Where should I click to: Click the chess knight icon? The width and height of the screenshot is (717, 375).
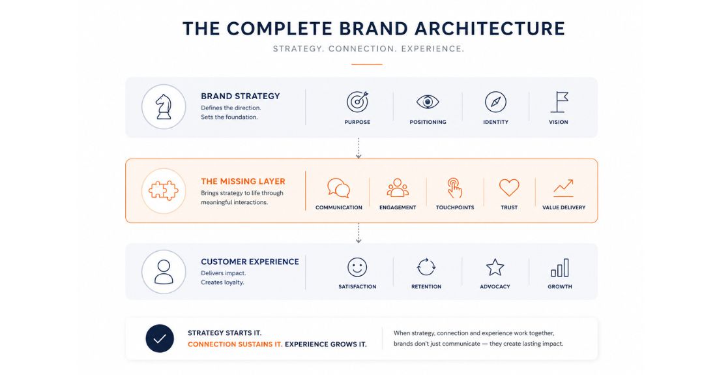tap(164, 106)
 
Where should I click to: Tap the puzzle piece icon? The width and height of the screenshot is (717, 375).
tap(164, 190)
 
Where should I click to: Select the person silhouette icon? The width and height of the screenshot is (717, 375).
tap(164, 272)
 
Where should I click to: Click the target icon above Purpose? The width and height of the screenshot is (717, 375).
tap(357, 102)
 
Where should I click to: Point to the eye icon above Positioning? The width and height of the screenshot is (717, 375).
tap(428, 102)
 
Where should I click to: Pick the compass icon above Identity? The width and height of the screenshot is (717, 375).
tap(495, 102)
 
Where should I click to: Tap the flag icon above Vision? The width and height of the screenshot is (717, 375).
tap(559, 102)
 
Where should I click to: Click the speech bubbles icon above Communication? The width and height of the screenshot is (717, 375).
tap(338, 188)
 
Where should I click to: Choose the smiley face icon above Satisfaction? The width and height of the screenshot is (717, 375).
tap(357, 267)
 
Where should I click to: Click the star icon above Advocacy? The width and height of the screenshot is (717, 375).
tap(495, 267)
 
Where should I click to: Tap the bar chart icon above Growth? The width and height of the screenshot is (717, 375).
tap(560, 267)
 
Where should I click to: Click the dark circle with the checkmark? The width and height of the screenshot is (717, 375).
tap(160, 338)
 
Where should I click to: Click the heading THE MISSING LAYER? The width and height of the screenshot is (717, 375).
tap(243, 181)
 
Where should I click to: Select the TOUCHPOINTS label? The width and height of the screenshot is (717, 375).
tap(455, 207)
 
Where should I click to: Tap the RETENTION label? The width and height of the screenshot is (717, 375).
tap(426, 286)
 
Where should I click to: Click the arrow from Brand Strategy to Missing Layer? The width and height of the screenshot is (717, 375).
tap(358, 148)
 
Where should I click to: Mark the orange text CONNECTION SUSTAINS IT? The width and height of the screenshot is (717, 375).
tap(235, 344)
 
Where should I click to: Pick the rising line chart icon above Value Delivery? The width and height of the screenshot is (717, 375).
tap(563, 188)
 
